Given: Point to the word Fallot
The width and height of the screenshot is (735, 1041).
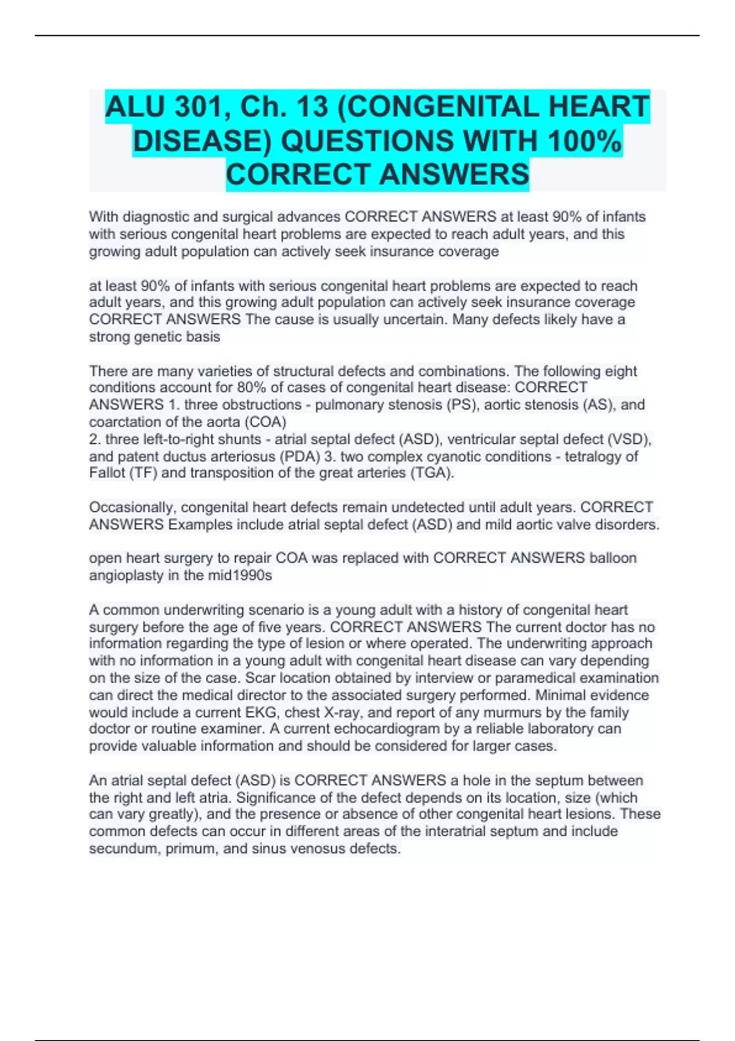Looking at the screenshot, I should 105,473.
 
